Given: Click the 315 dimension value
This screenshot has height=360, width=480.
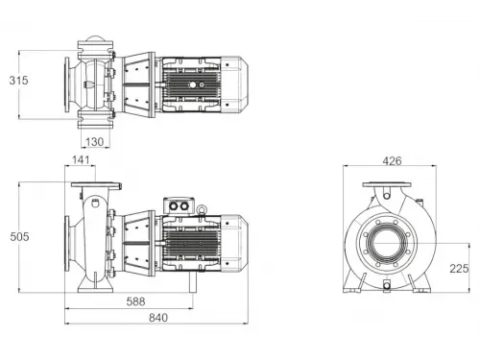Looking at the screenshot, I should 16,80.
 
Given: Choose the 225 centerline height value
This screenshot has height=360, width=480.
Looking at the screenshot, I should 459,268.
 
